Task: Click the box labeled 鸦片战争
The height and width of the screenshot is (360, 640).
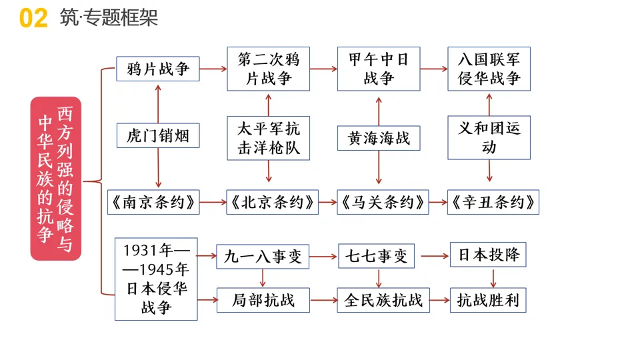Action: [157, 69]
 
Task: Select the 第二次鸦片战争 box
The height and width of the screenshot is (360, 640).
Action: [269, 69]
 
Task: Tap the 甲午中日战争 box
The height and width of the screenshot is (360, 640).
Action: [379, 69]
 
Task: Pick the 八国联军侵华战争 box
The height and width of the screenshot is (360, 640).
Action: [489, 69]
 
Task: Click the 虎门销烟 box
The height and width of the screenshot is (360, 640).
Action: [157, 137]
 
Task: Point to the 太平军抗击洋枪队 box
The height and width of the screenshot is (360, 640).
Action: [269, 137]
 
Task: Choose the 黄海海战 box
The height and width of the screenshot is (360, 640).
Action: [379, 138]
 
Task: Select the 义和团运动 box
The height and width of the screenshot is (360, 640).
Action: [489, 137]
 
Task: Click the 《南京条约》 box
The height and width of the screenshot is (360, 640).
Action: [153, 202]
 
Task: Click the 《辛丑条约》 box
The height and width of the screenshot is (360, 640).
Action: [493, 202]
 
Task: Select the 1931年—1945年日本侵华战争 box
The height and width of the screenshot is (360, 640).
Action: [156, 279]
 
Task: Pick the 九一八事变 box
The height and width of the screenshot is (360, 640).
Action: [263, 256]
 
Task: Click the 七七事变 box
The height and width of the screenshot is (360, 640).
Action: [377, 256]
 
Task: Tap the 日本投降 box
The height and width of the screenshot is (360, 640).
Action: [488, 255]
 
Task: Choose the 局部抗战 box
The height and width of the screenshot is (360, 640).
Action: [263, 300]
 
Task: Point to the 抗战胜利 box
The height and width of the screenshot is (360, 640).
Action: [488, 300]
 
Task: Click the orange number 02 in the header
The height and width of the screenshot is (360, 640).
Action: [33, 19]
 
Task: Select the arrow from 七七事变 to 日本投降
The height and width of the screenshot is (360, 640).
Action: [433, 256]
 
